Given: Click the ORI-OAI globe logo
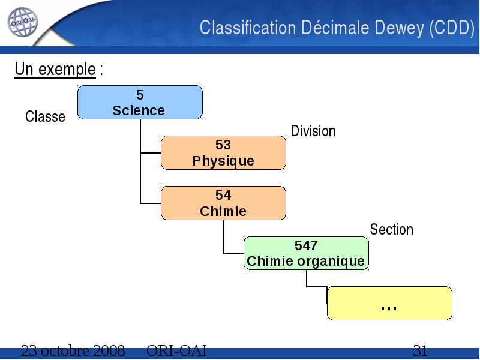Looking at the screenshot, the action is pos(22,22).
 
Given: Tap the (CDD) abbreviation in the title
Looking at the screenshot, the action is pos(452,28).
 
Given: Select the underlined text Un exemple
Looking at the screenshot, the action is pos(55,69).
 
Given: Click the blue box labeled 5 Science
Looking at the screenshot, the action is pos(140,102).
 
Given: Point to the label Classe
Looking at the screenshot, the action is pos(46,116).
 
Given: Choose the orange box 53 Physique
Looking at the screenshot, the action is pos(223,153).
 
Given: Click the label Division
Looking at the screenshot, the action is pos(313,131).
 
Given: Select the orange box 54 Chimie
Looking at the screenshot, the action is pos(223,203).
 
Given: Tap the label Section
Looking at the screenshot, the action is pos(392,229).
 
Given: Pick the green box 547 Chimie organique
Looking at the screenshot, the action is pos(306,253).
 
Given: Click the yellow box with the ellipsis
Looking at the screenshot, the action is pos(389,304).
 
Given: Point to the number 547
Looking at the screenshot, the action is pos(306,245).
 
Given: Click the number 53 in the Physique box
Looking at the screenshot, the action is pos(223,145).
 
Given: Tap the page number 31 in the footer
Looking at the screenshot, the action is pos(421,350).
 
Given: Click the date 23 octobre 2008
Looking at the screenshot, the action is pos(73,350).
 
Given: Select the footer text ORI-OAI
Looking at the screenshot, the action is pos(176,350).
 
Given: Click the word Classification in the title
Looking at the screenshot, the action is pos(248,28).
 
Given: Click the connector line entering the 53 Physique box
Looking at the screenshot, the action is pos(151,153).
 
